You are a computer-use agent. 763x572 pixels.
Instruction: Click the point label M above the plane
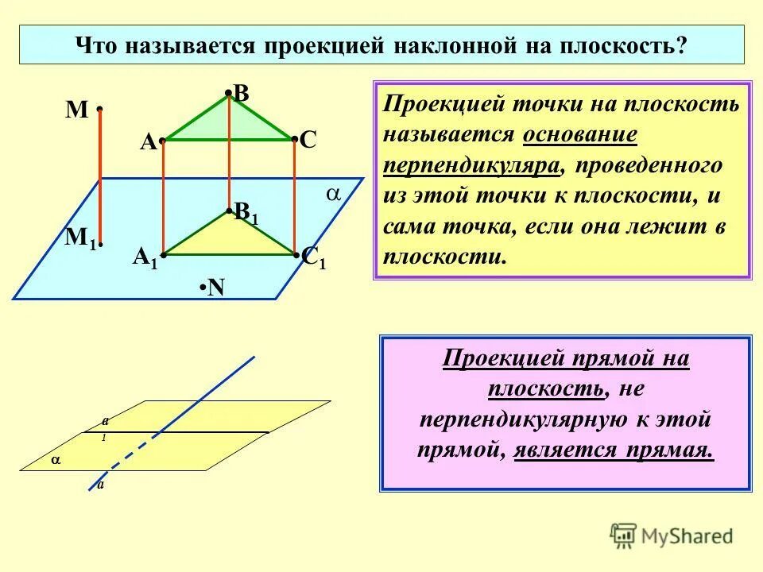point(76,110)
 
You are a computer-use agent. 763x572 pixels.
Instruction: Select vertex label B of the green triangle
point(241,94)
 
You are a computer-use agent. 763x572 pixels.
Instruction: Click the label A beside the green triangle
point(148,142)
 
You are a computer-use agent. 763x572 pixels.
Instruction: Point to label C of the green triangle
point(308,142)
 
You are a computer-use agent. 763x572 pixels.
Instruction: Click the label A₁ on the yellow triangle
point(145,257)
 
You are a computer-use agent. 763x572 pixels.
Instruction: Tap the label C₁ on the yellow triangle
point(313,257)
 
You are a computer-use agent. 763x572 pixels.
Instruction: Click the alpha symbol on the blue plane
point(334,195)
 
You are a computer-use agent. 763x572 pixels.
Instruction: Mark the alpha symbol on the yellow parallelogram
point(55,460)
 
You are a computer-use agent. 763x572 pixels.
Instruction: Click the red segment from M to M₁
point(100,175)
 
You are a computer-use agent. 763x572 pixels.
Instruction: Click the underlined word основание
point(580,134)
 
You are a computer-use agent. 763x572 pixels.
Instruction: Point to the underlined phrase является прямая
point(614,450)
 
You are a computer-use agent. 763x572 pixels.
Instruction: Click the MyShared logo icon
point(624,535)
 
